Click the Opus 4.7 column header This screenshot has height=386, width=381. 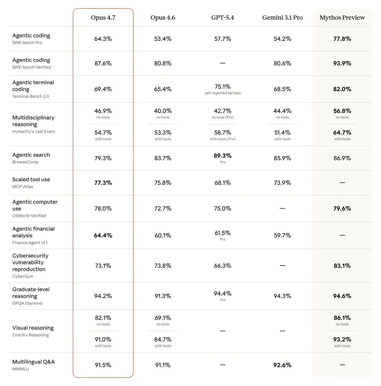click(103, 18)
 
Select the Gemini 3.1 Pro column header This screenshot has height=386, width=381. click(282, 18)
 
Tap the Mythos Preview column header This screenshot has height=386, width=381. click(342, 18)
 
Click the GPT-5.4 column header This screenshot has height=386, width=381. click(223, 18)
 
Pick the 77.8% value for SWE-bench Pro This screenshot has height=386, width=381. click(342, 39)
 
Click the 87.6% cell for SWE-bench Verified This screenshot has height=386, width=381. click(103, 63)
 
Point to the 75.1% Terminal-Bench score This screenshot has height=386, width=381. click(223, 87)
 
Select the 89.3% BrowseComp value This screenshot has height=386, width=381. click(223, 156)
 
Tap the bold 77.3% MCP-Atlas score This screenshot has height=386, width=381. click(103, 183)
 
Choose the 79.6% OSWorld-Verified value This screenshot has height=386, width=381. click(342, 208)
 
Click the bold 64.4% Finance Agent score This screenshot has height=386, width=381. click(103, 235)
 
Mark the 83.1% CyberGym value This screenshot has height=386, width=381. click(342, 266)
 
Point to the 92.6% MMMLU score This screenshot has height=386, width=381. click(282, 365)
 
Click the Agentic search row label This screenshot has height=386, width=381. click(31, 155)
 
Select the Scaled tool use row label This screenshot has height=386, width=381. click(31, 180)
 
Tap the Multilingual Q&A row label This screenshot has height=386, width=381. click(34, 362)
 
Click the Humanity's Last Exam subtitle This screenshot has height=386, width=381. click(34, 131)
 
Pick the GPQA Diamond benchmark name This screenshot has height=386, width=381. click(27, 303)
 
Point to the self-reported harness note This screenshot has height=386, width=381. click(223, 93)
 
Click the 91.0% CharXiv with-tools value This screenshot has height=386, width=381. click(103, 340)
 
